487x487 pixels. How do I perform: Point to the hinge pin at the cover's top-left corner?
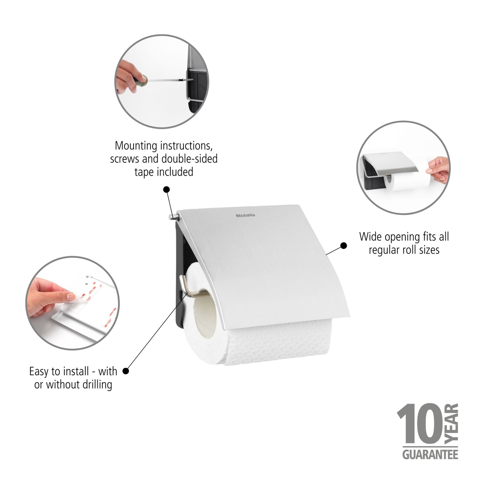174,216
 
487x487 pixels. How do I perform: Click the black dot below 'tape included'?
166,189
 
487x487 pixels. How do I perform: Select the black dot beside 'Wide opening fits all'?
343,246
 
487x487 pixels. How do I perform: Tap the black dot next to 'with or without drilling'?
126,371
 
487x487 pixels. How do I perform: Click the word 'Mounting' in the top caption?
136,146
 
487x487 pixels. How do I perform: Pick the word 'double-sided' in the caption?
189,159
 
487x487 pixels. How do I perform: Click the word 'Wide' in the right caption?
370,237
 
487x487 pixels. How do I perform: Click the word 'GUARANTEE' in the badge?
430,454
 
